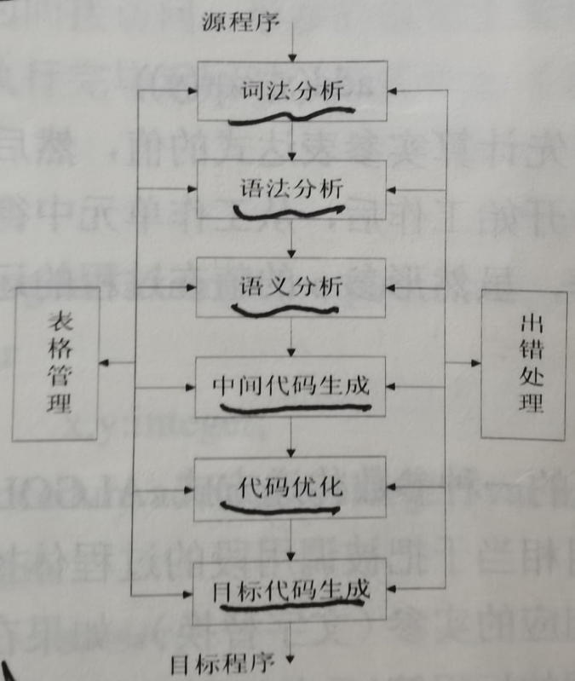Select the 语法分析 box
292,190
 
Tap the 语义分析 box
292,286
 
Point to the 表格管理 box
56,363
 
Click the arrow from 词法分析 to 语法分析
292,140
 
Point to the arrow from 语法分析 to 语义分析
292,240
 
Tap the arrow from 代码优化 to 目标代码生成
292,539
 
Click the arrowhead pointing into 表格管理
104,363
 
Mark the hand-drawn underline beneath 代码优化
281,510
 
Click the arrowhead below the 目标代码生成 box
292,658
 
